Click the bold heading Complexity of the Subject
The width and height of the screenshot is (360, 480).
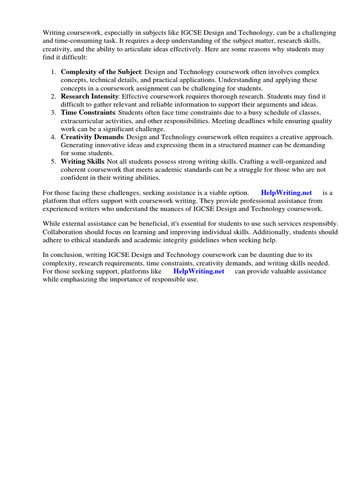coord(101,72)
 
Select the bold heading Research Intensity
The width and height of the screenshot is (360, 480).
coord(89,97)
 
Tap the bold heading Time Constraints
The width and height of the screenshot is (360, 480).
coord(88,113)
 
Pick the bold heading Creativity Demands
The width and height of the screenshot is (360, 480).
coord(92,137)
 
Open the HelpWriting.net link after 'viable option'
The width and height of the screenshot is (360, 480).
coord(286,193)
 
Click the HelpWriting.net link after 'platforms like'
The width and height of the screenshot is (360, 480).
coord(199,271)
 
